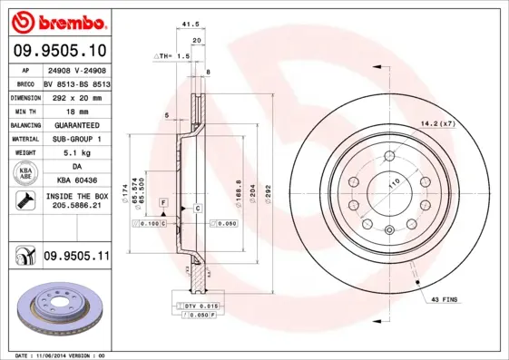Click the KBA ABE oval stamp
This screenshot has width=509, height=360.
click(24, 174)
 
